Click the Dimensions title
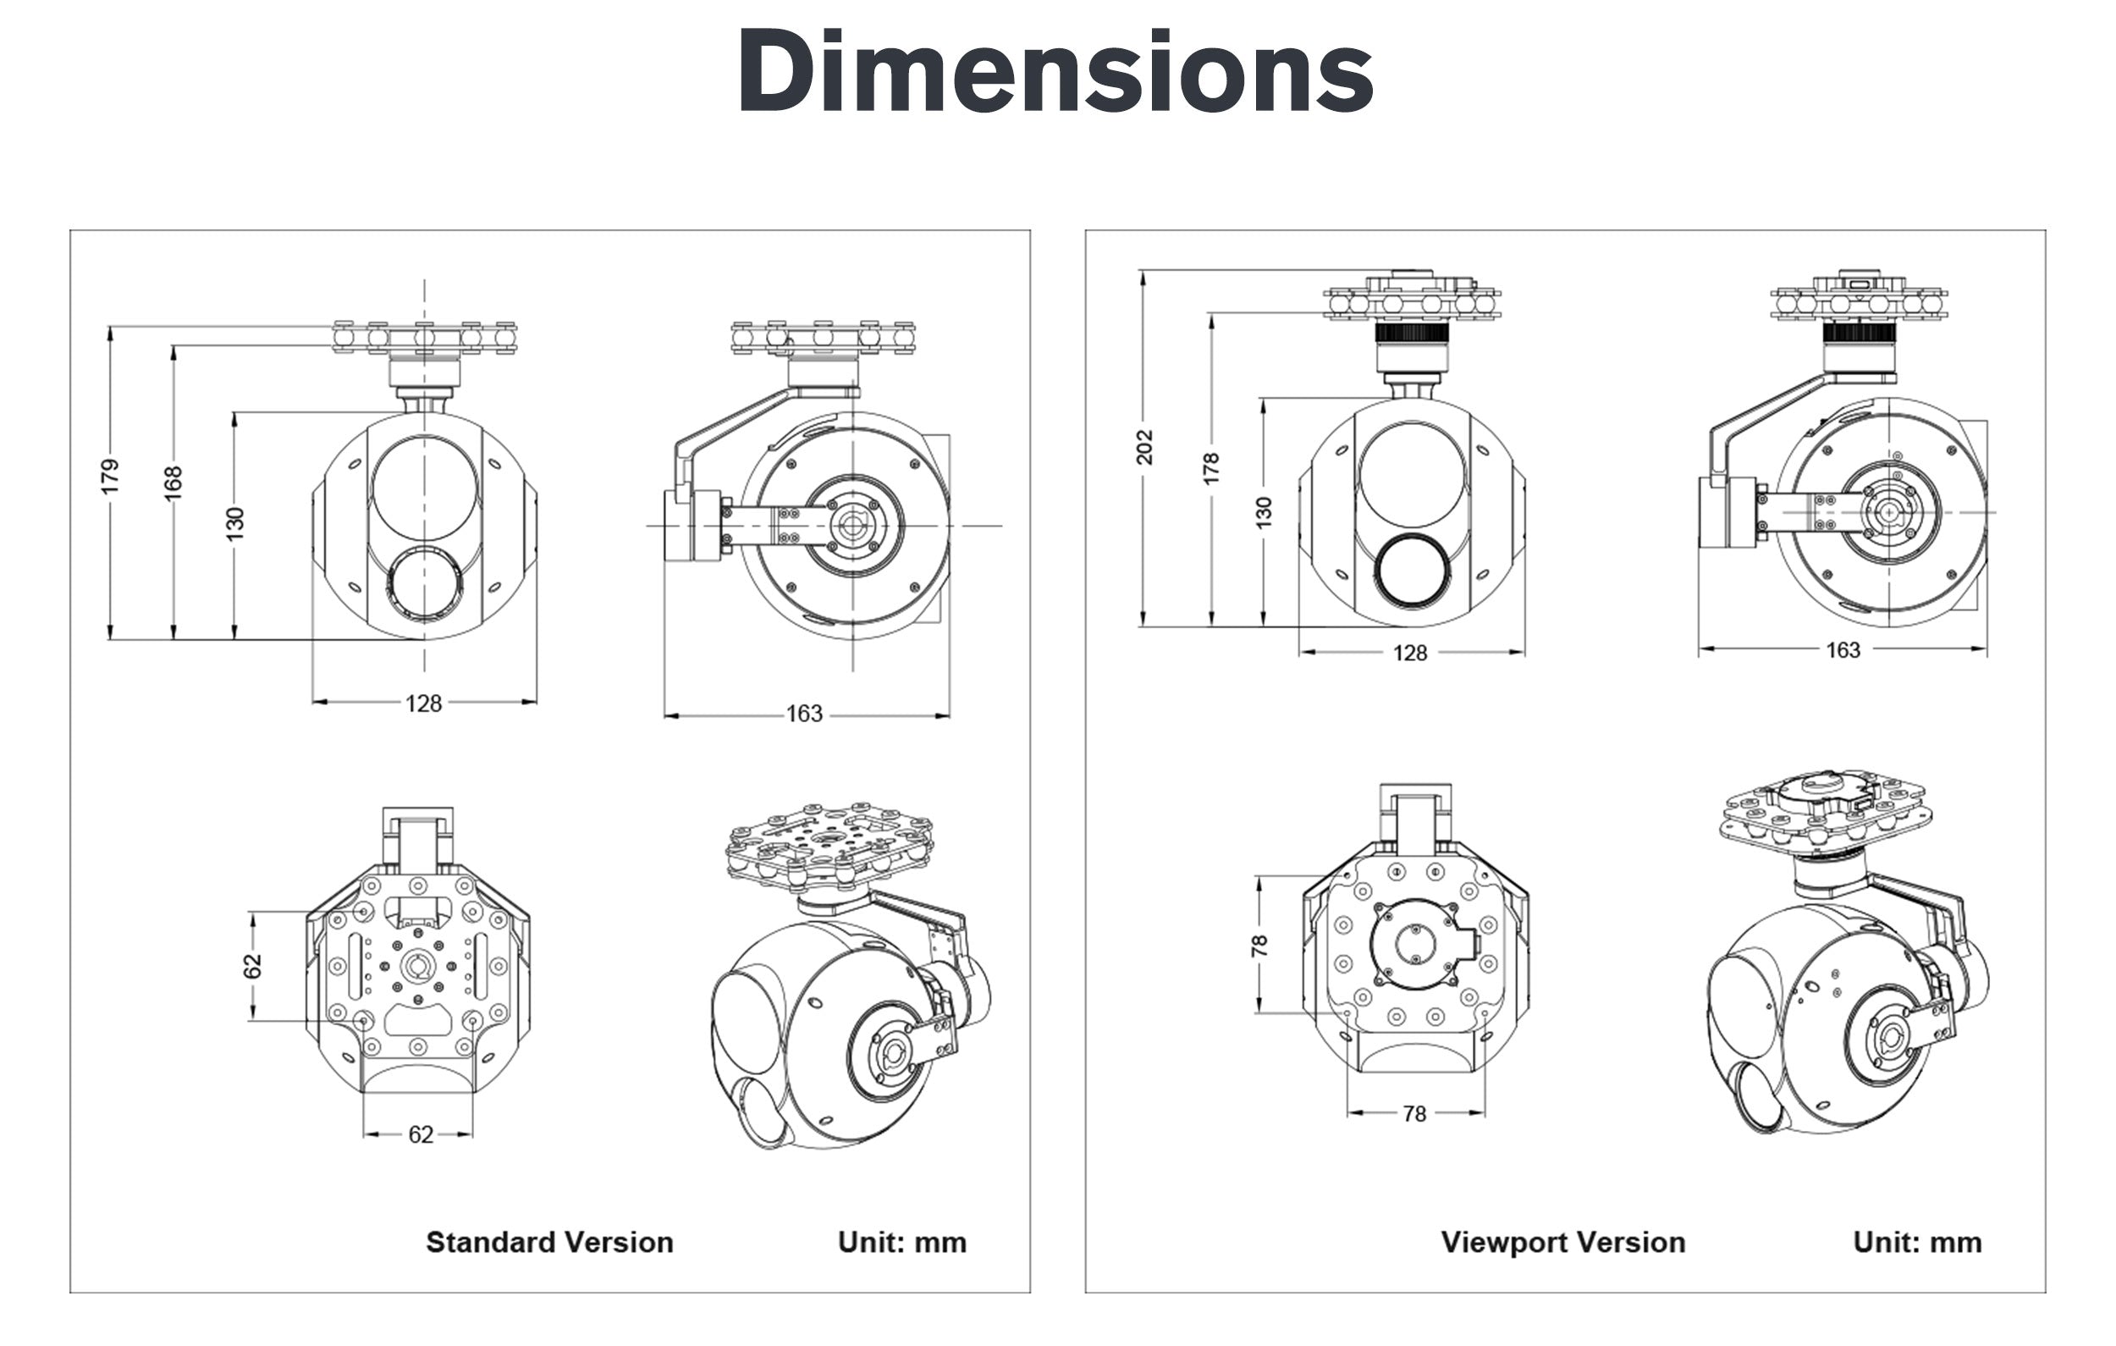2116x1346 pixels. (x=1055, y=72)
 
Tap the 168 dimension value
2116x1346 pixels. (x=174, y=483)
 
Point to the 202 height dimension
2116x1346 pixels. (x=1144, y=447)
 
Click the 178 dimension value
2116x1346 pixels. (x=1211, y=468)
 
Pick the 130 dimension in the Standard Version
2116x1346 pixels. (x=234, y=524)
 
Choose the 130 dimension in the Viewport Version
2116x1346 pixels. (x=1264, y=511)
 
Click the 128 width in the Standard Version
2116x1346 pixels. (x=423, y=703)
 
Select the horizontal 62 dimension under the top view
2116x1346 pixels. (x=420, y=1134)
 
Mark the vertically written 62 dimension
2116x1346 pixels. (x=252, y=965)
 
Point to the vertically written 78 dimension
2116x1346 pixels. (x=1259, y=945)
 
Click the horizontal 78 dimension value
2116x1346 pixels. (x=1413, y=1114)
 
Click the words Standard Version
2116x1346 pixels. (x=549, y=1242)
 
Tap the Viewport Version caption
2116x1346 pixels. (x=1562, y=1242)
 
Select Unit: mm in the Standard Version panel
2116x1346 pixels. (x=901, y=1242)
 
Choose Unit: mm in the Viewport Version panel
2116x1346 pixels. (x=1916, y=1242)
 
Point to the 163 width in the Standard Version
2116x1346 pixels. (x=804, y=713)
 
